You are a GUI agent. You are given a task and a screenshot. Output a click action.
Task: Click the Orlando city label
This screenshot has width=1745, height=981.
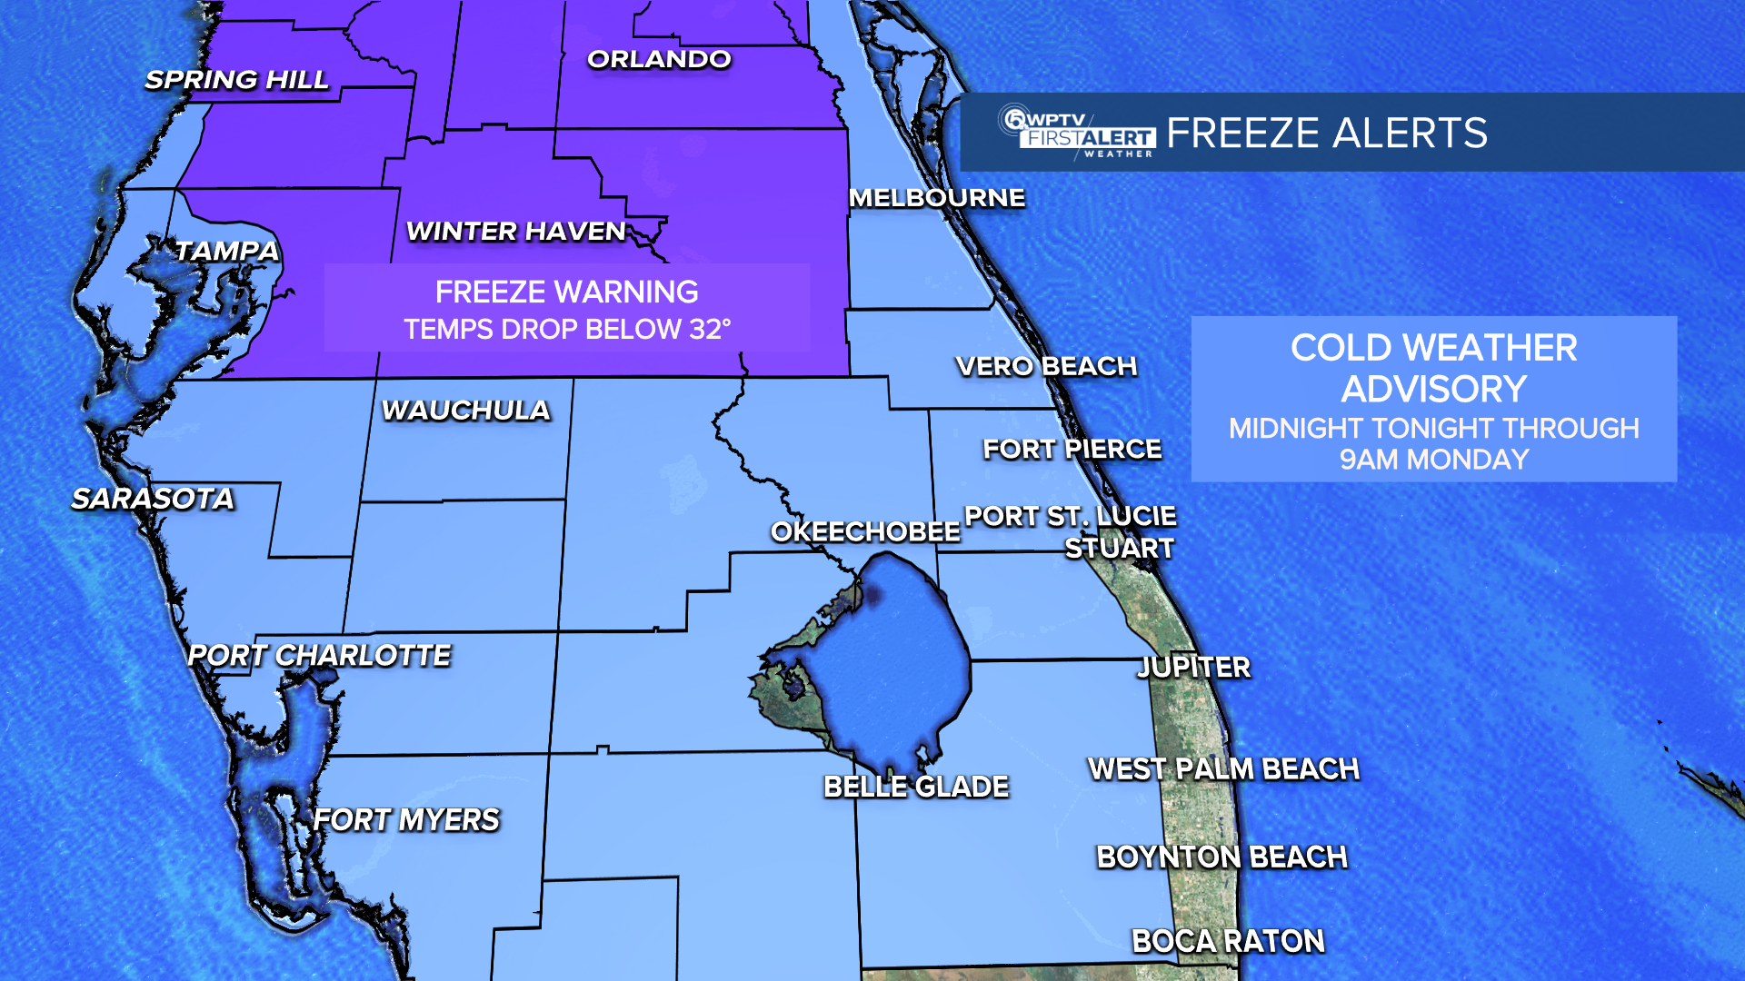(x=659, y=60)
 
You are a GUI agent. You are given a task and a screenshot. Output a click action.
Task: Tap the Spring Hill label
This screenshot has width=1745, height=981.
(x=237, y=80)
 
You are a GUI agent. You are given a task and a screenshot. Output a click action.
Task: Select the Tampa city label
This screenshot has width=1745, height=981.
(x=226, y=251)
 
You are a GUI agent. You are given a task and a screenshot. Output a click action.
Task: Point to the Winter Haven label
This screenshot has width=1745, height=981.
(x=516, y=232)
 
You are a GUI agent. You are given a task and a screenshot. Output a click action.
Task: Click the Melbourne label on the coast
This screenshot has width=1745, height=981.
(x=937, y=198)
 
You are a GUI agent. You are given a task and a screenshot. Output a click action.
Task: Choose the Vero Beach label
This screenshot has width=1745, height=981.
(x=1046, y=366)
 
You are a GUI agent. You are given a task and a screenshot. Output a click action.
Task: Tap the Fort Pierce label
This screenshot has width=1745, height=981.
(x=1072, y=449)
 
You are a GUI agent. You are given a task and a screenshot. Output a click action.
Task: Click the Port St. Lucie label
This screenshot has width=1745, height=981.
(x=1071, y=516)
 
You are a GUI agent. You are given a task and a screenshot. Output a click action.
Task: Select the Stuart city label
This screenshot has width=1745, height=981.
(x=1120, y=549)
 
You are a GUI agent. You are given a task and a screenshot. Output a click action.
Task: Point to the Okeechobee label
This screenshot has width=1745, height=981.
(x=865, y=531)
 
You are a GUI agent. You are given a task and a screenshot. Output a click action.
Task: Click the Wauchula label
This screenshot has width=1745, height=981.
(x=466, y=411)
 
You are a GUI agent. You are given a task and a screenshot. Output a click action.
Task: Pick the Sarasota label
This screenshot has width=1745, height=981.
(x=153, y=499)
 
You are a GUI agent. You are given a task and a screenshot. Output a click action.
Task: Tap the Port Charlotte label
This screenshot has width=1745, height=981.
(x=319, y=656)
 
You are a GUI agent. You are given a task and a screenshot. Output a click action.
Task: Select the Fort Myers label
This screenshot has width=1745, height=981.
(x=406, y=820)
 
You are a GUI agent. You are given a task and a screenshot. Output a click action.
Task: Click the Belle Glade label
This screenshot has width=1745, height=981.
(x=916, y=787)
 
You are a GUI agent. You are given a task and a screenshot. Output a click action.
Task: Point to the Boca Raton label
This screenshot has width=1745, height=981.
(x=1228, y=941)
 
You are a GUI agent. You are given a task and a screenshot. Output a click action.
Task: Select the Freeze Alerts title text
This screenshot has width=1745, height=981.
(x=1327, y=134)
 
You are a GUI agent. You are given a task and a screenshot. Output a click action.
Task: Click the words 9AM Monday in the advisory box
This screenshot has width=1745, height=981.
(x=1434, y=460)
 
